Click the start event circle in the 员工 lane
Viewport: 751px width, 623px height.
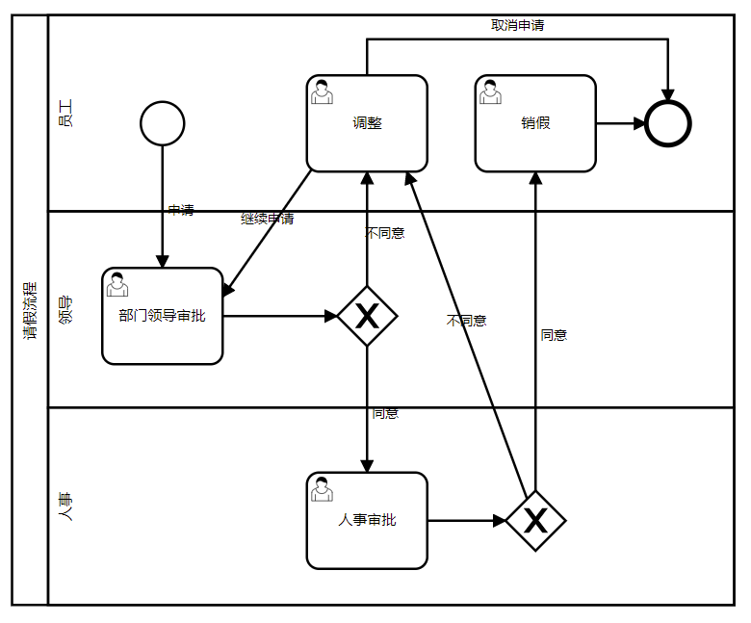(162, 123)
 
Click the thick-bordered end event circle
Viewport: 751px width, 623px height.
(668, 123)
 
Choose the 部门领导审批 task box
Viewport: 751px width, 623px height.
(162, 316)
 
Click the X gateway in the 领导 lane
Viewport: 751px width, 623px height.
(367, 316)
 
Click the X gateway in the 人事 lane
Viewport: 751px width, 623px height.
(535, 521)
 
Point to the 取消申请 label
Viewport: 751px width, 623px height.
(518, 25)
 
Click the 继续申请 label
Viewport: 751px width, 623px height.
(267, 219)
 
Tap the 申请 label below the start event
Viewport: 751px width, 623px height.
(180, 210)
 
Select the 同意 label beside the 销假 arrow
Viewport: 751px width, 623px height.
(554, 335)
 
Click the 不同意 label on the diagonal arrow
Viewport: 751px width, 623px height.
(467, 321)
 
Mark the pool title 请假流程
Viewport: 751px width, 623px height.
(30, 310)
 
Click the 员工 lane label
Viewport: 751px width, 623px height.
(65, 114)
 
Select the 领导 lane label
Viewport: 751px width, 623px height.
(65, 310)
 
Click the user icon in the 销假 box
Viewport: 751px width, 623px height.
(490, 92)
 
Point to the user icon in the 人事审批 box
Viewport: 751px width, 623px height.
(322, 489)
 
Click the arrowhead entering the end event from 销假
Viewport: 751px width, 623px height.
(638, 123)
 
